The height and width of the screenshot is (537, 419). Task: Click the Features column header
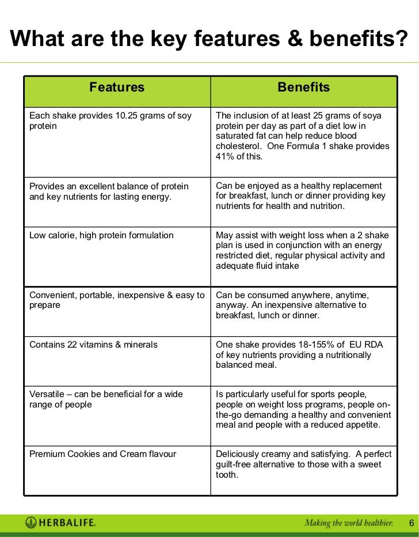coord(117,87)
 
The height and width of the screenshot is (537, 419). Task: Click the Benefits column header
coord(303,87)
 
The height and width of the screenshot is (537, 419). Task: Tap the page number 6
coord(411,523)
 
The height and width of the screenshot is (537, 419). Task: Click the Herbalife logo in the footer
coord(60,523)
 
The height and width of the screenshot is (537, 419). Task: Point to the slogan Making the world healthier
coord(349,523)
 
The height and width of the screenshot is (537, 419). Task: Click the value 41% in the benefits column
coord(225,157)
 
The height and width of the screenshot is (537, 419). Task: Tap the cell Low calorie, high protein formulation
coord(101,235)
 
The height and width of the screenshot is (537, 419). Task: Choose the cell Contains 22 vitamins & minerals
coord(93,345)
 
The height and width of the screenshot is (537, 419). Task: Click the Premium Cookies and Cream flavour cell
coord(102,454)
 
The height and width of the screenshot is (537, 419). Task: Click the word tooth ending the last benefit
coord(226,475)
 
